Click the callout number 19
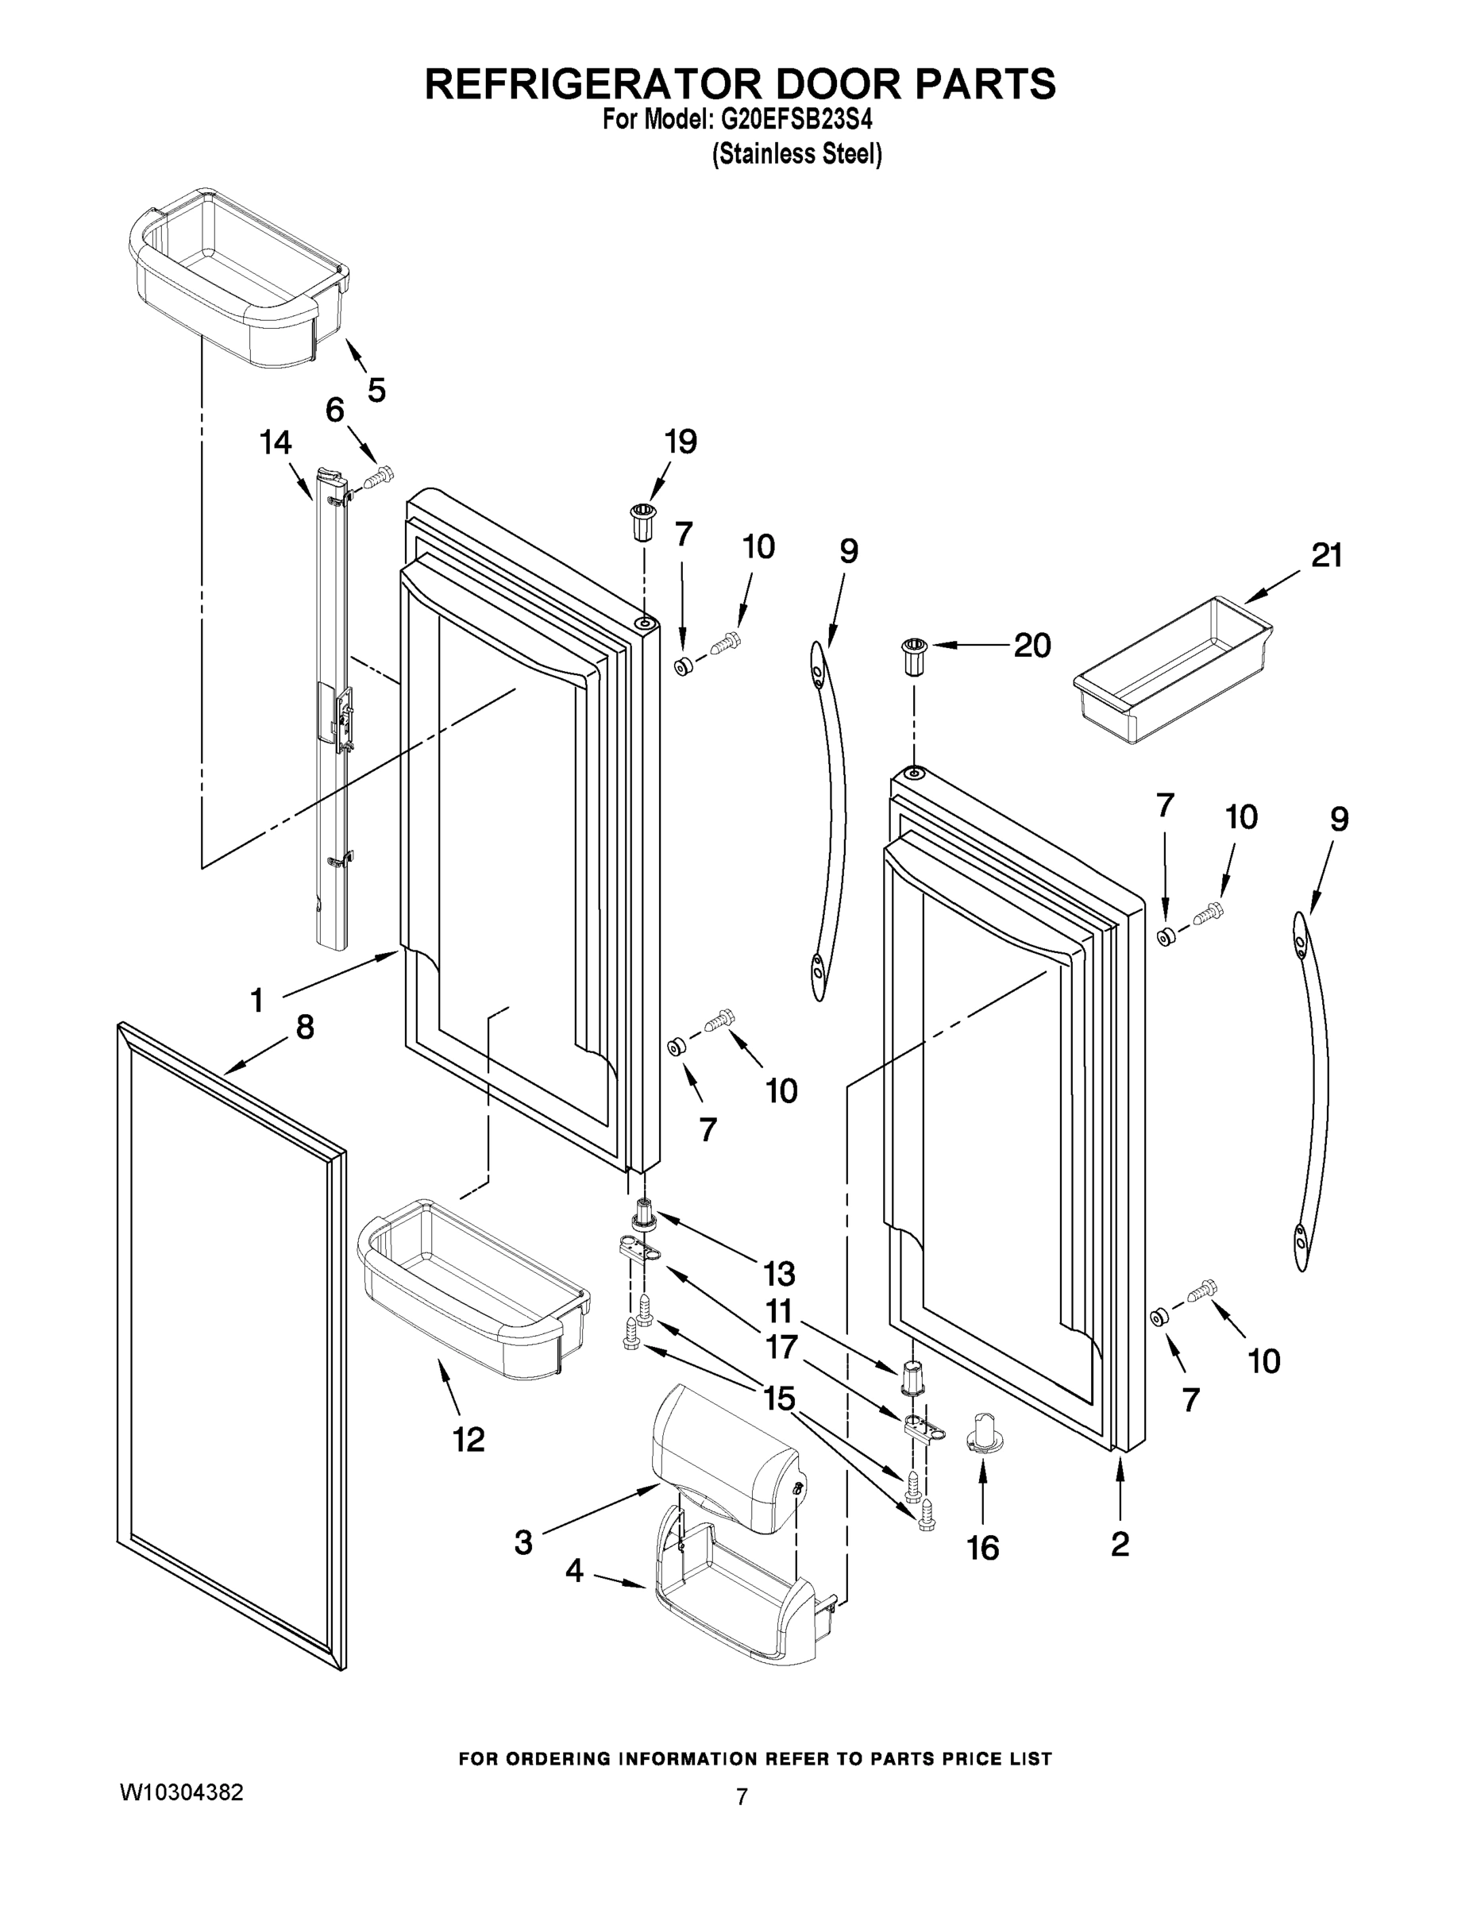[681, 442]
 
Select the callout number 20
[1031, 646]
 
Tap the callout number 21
[1326, 555]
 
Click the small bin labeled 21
[1173, 670]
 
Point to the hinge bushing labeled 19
[643, 522]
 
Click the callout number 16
[982, 1548]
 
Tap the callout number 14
[276, 442]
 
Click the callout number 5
[376, 390]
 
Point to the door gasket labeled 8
[231, 1344]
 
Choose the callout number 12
[469, 1439]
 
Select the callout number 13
[778, 1273]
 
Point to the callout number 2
[1120, 1544]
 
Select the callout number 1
[256, 1000]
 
